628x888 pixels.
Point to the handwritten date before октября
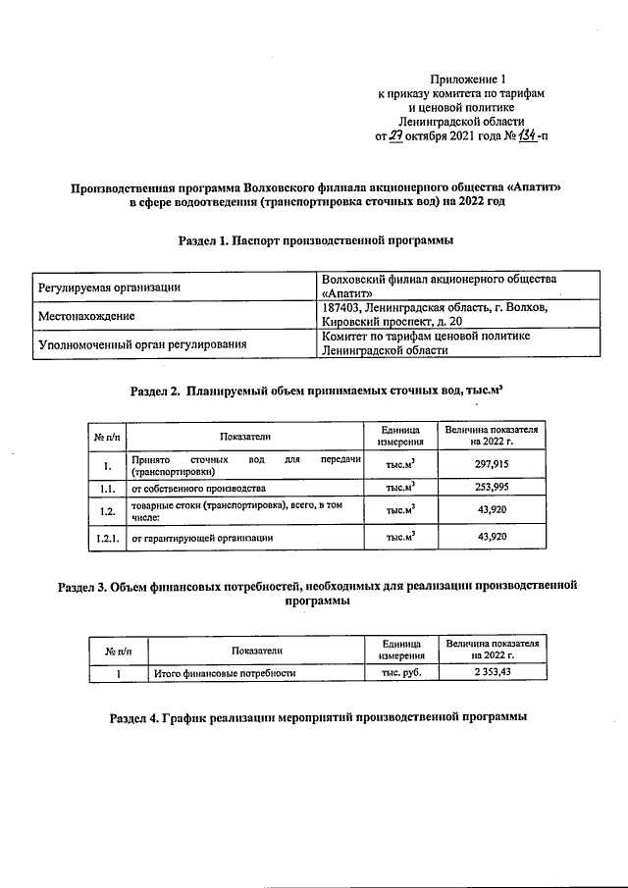pyautogui.click(x=396, y=135)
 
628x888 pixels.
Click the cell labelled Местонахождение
pyautogui.click(x=85, y=316)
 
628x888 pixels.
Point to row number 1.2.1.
pyautogui.click(x=105, y=537)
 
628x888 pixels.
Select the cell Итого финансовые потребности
pyautogui.click(x=226, y=673)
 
